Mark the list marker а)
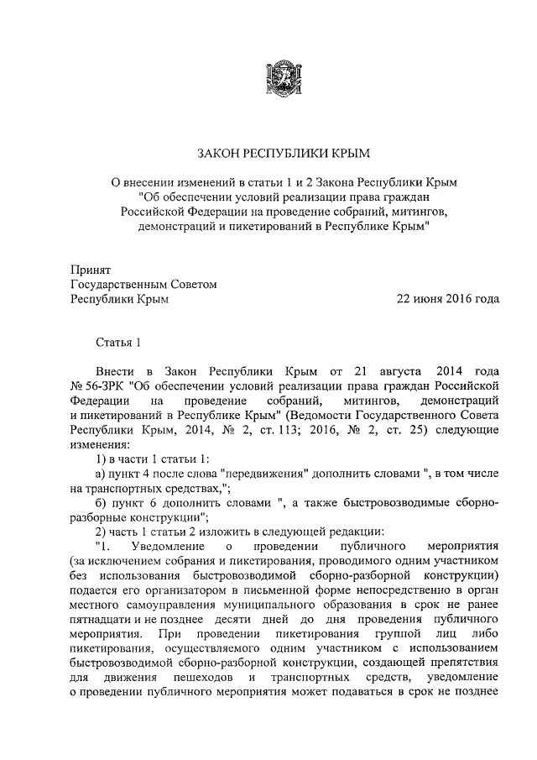102,474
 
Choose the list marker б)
102,503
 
